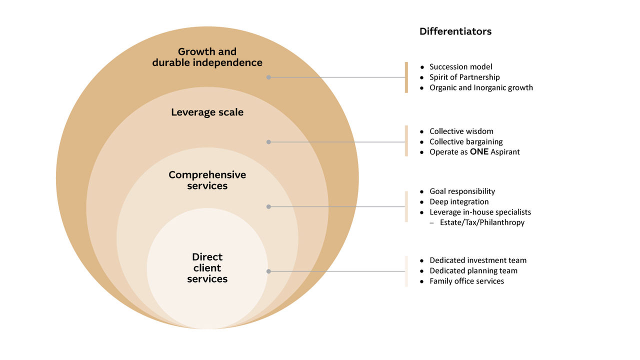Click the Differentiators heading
(x=455, y=31)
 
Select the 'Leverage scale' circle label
(x=207, y=112)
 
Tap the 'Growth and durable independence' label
(x=207, y=57)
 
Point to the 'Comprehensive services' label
(x=207, y=180)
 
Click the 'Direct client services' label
(x=207, y=268)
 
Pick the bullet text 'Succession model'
(x=460, y=67)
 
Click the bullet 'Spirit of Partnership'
(x=464, y=77)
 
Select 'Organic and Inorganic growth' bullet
(x=481, y=88)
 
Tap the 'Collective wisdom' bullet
(x=461, y=131)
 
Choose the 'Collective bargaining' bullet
(x=466, y=142)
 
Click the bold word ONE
(x=479, y=152)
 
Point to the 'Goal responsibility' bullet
(x=462, y=191)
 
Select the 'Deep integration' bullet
(x=459, y=202)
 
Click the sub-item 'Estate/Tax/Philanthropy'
(x=482, y=222)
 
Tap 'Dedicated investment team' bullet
(x=477, y=260)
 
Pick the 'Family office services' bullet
(x=466, y=281)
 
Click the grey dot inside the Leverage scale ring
(x=268, y=142)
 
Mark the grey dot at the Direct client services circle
(x=268, y=271)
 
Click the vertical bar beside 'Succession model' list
(x=406, y=77)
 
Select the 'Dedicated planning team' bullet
(x=473, y=271)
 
